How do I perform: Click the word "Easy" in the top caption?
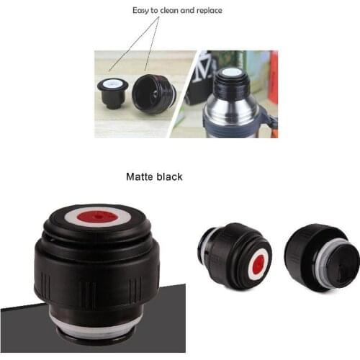143,11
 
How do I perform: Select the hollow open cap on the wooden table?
153,93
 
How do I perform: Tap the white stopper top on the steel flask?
230,72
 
